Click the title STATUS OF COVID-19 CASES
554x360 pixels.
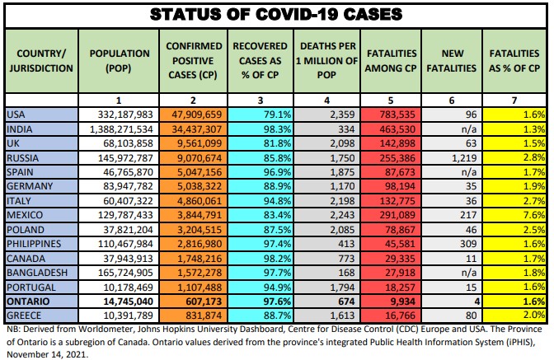point(277,14)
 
